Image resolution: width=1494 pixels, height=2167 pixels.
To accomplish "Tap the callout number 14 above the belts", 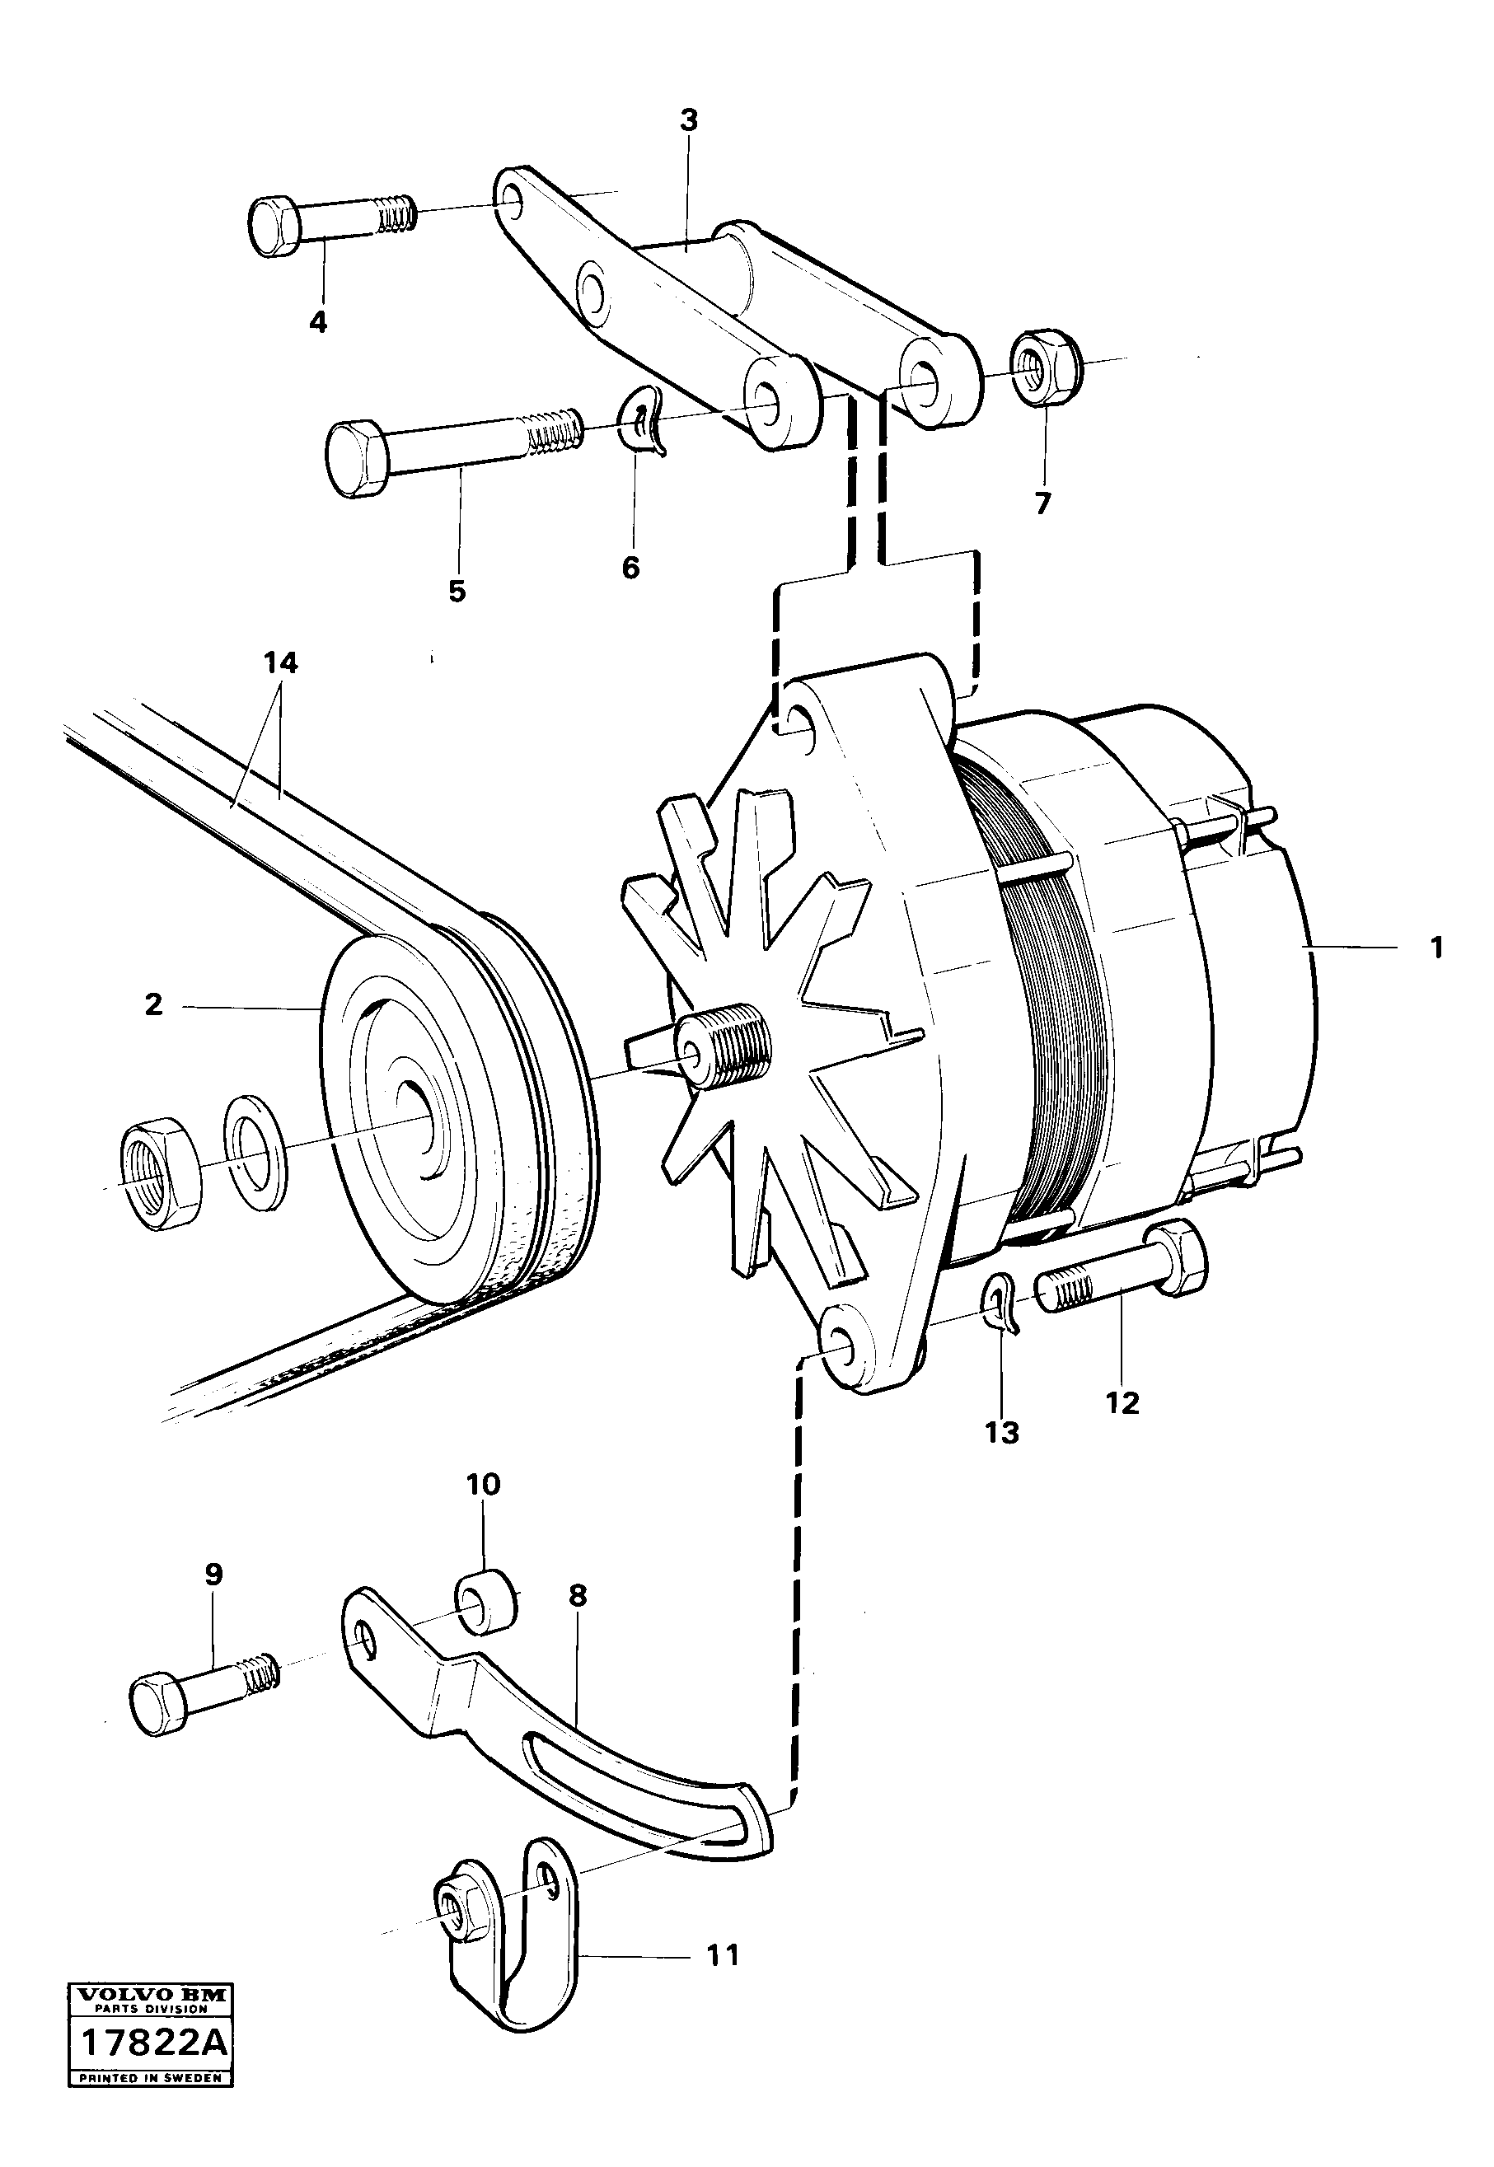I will tap(280, 662).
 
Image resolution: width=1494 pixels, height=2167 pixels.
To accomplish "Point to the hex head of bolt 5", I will tap(356, 458).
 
